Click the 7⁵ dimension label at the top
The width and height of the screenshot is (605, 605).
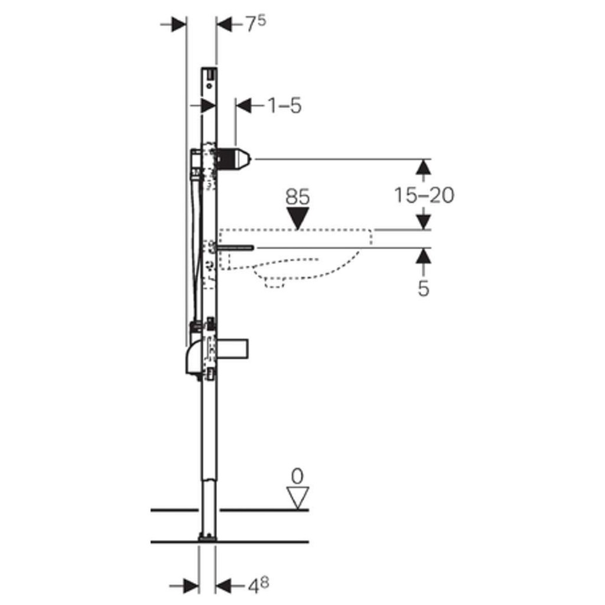256,24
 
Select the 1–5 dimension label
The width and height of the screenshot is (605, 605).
284,105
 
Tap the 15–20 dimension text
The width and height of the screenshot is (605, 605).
424,195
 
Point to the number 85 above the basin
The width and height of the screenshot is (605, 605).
298,197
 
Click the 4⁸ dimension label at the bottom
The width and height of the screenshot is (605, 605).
258,586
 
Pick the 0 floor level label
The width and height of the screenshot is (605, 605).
297,477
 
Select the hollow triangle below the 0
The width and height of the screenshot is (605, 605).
298,497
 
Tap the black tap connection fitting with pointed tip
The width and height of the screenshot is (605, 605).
233,158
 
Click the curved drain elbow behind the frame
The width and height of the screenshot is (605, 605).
194,357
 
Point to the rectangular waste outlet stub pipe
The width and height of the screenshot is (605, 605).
232,349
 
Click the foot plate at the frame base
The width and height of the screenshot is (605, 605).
207,538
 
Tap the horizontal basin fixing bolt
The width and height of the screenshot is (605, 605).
235,248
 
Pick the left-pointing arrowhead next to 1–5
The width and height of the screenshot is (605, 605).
243,106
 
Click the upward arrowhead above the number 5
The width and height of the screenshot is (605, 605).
424,256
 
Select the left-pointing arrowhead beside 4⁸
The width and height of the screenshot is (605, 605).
223,586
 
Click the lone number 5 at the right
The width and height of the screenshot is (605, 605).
424,288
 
